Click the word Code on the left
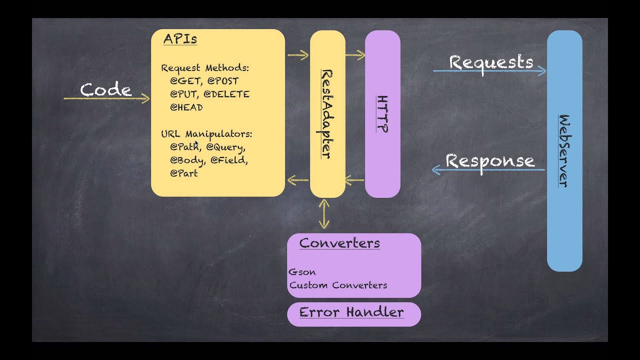pos(106,90)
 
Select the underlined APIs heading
pos(180,39)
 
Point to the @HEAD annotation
pos(186,107)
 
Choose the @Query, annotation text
pos(225,147)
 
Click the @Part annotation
pos(183,173)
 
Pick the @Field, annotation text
pos(228,160)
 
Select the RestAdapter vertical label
pos(326,114)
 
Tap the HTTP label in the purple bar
pos(382,114)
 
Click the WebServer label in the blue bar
pos(564,150)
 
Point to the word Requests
pos(491,62)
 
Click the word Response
pos(490,161)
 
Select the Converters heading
pos(339,243)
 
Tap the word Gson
pos(302,272)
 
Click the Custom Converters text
pos(338,285)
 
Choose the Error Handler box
pos(353,313)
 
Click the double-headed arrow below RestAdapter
pos(324,214)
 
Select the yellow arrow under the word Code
pos(106,98)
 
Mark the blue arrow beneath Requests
pos(489,71)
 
